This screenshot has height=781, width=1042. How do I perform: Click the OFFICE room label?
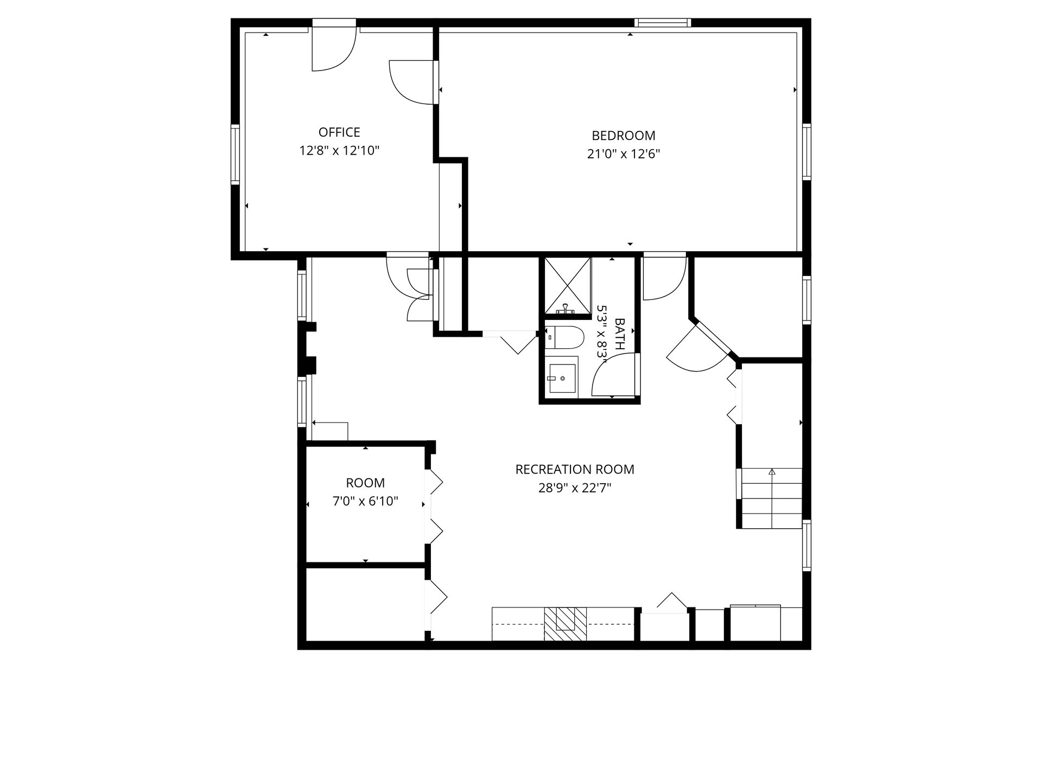tap(339, 132)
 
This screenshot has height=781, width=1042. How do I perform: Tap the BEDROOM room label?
tap(624, 136)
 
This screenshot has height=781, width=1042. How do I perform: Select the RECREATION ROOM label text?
tap(575, 469)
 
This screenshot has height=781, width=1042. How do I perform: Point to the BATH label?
tap(620, 334)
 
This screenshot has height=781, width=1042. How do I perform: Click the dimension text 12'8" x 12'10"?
tap(339, 151)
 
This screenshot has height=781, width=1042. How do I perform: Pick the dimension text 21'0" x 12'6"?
tap(624, 154)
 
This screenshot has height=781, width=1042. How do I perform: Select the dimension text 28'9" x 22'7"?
tap(575, 488)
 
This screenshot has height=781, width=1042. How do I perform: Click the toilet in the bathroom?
tap(564, 337)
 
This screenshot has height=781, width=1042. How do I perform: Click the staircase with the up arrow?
tap(771, 498)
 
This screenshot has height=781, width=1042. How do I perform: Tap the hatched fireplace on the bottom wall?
tap(566, 624)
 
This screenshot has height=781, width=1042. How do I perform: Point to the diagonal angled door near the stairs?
tap(700, 348)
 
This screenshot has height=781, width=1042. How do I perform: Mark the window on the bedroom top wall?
tap(663, 23)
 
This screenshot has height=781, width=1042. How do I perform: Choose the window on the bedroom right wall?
tap(806, 152)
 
